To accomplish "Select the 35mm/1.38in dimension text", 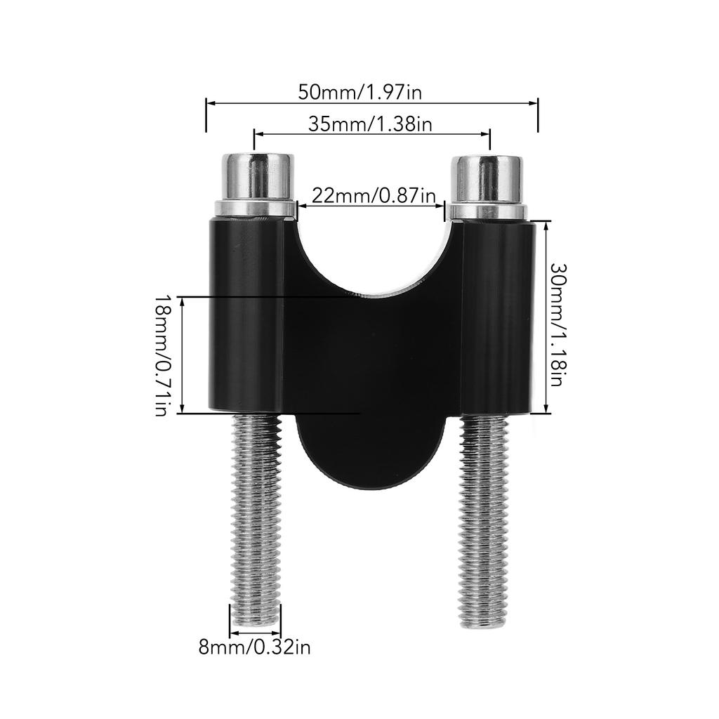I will click(369, 124).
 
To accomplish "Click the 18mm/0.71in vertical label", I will click(163, 355).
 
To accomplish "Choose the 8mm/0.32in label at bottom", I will click(254, 647).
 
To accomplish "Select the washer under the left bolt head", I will click(255, 209).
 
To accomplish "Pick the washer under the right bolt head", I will click(487, 212).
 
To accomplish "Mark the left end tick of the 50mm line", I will click(206, 115).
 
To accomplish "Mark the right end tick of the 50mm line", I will click(538, 115).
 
